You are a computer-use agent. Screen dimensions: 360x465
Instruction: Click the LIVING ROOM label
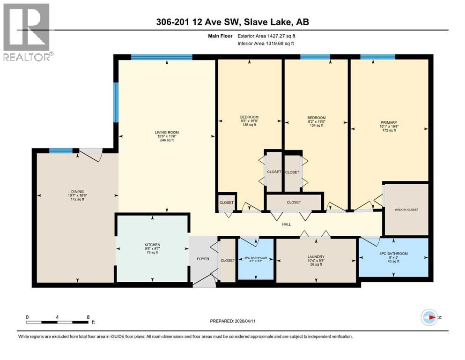pos(167,133)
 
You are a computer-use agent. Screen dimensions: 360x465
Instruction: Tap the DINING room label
pos(77,192)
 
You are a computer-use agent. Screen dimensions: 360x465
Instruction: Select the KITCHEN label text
pos(152,245)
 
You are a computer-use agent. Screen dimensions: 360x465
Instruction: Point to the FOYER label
pos(202,259)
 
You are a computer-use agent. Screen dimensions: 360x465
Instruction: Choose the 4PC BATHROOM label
pos(394,254)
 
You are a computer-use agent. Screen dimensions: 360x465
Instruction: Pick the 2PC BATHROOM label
pos(256,258)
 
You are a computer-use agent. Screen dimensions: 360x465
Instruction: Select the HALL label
pos(287,225)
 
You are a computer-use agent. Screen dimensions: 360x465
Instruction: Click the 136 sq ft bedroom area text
pos(249,125)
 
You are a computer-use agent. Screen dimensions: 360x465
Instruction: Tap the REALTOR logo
pos(27,32)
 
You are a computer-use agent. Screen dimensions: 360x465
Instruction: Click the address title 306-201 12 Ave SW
pos(232,22)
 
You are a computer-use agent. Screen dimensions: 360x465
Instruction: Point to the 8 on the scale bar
pos(88,317)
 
